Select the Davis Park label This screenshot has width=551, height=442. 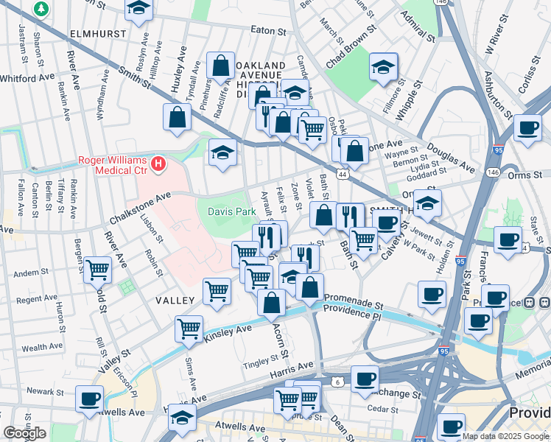(x=231, y=211)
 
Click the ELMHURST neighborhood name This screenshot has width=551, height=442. (x=94, y=34)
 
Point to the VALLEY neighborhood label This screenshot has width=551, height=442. (x=175, y=301)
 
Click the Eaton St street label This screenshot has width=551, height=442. (x=267, y=31)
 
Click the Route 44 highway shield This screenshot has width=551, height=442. (x=343, y=174)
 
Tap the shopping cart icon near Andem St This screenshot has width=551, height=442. (x=97, y=269)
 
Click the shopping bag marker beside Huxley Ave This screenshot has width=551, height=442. (x=178, y=116)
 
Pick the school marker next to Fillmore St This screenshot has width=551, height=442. (x=383, y=67)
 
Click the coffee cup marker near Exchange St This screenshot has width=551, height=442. (x=364, y=379)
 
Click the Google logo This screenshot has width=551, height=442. (x=24, y=433)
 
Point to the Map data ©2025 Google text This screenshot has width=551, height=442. (x=505, y=436)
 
